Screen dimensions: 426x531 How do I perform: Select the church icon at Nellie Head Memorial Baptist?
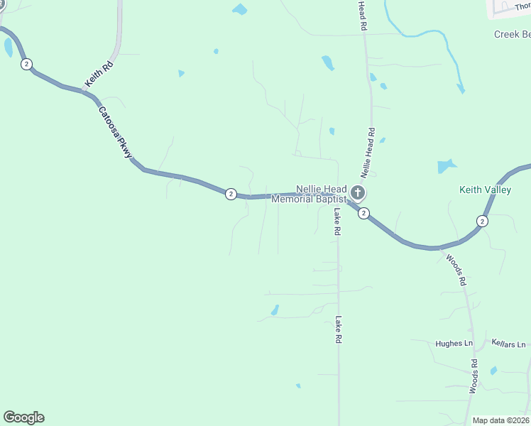(358, 192)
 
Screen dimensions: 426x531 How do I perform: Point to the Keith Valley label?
(486, 190)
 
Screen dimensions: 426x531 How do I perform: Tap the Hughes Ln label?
(454, 344)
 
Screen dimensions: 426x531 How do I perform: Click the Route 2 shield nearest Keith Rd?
(26, 64)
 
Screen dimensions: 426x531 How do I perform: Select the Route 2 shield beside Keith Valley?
(482, 221)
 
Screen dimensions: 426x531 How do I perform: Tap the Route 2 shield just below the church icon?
(363, 213)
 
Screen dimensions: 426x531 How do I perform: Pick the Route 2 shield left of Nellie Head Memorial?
(231, 194)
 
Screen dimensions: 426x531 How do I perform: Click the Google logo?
(23, 417)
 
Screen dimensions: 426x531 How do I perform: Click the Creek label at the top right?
(512, 34)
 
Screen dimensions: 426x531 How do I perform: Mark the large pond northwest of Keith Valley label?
(447, 167)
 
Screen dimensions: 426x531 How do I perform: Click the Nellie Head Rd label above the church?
(367, 153)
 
